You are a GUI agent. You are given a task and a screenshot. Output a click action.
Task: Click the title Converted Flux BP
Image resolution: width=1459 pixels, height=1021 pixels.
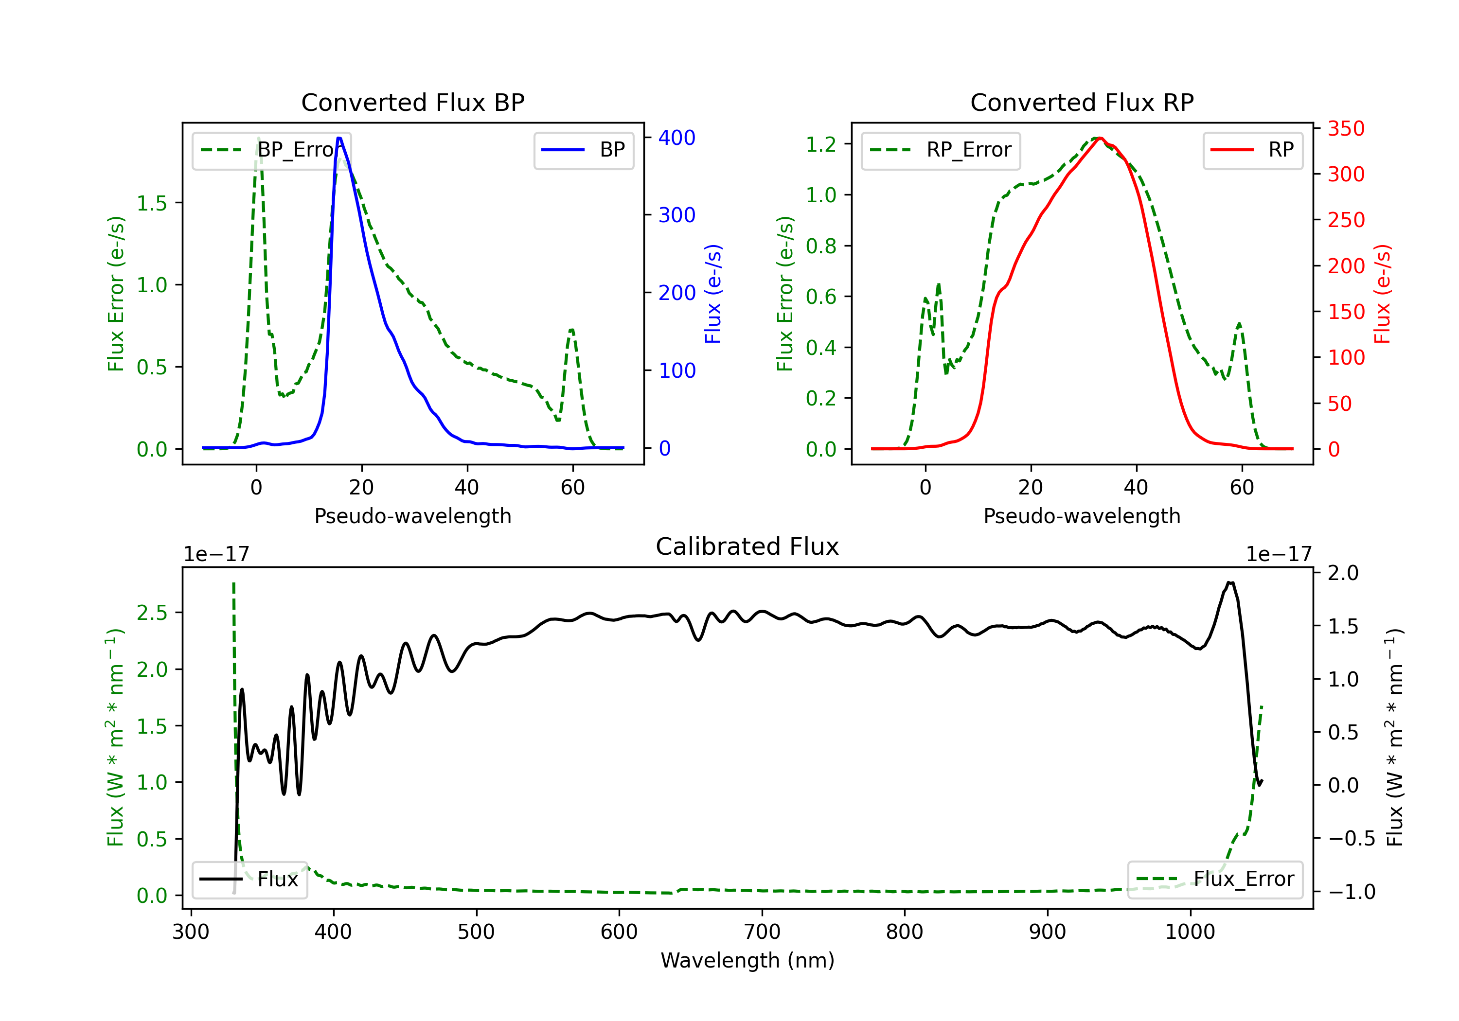coord(413,102)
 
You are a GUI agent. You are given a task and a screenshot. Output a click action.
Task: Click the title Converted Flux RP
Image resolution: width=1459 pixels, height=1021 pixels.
coord(1082,102)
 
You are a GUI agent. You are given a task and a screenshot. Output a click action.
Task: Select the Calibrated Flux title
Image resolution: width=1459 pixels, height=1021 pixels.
coord(747,546)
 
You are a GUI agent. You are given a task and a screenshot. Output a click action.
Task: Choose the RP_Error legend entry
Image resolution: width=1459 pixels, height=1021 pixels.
coord(941,150)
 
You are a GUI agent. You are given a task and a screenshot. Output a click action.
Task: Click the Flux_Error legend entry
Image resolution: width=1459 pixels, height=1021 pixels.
coord(1215,880)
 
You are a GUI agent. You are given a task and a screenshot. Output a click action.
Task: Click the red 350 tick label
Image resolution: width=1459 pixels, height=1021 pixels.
coord(1346,128)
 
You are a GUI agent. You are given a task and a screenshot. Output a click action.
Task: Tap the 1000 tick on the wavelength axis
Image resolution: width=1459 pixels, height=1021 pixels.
coord(1190,932)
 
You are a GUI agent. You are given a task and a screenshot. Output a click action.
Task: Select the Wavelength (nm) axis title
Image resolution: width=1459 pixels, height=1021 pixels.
coord(747,960)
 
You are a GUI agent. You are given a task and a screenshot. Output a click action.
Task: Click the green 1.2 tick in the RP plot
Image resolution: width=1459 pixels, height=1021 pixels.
coord(821,144)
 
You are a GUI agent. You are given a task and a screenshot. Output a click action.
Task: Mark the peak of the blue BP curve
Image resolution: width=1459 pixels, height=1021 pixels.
coord(339,139)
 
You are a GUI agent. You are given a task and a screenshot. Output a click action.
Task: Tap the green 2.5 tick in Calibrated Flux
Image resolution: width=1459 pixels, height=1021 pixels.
coord(152,613)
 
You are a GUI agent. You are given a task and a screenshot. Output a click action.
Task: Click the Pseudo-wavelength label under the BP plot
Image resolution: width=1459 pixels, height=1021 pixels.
coord(413,516)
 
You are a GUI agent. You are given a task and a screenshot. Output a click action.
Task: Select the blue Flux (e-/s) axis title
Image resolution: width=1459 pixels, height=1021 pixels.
coord(713,294)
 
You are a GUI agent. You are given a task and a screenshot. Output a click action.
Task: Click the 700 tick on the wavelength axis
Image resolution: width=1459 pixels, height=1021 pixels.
coord(762,932)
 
